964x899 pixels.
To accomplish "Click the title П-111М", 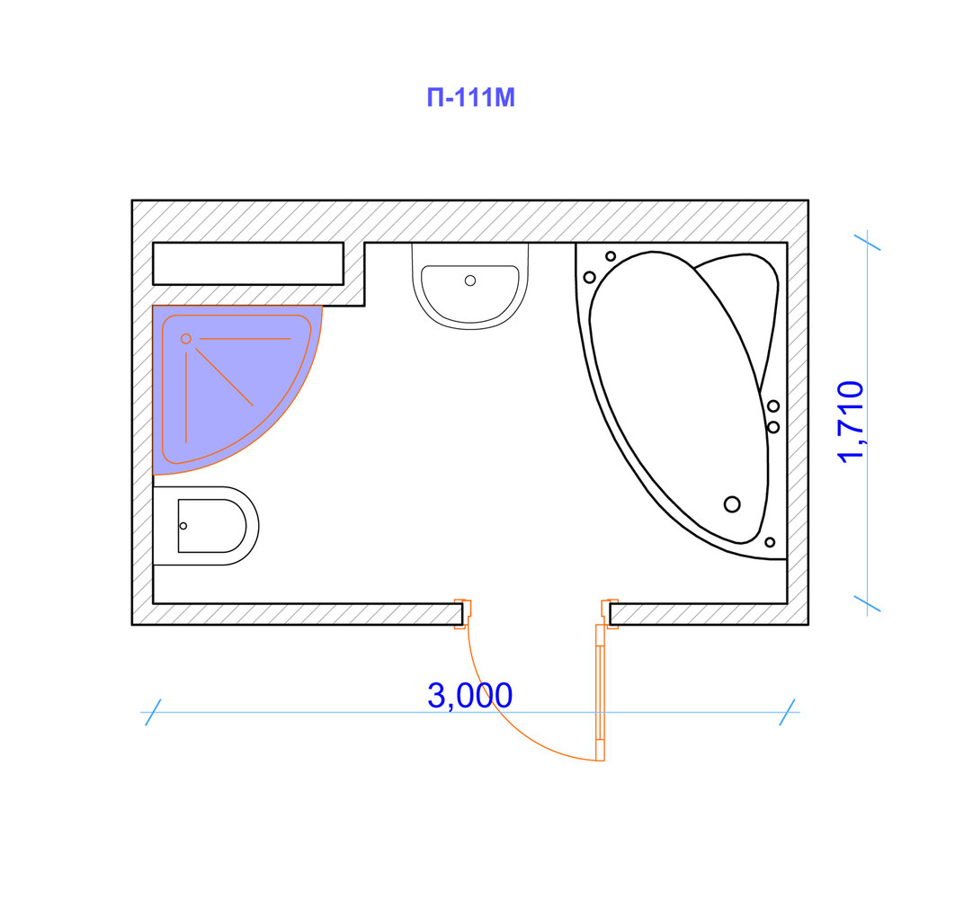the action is tap(471, 98).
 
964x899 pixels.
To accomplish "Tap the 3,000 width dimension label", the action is tap(469, 696).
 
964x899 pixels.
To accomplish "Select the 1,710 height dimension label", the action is tap(852, 421).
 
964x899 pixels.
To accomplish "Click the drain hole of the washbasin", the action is tap(470, 280).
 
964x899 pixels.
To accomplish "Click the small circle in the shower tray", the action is tap(185, 339).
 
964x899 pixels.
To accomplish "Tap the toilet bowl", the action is tap(206, 526).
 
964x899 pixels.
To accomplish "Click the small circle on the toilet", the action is tap(183, 526).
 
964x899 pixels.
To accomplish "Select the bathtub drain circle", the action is tap(732, 504).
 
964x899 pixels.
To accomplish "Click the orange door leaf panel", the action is tap(600, 692).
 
